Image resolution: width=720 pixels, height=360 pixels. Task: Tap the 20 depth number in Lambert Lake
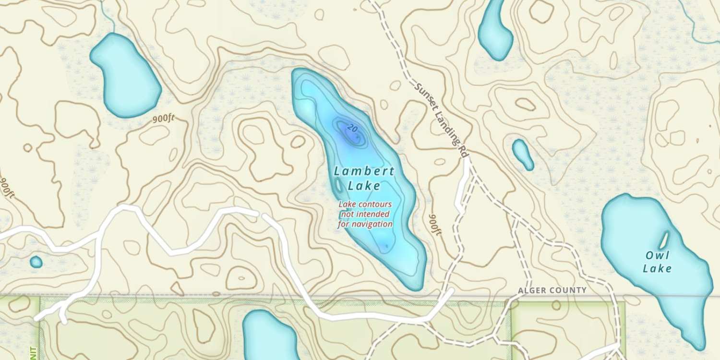352,128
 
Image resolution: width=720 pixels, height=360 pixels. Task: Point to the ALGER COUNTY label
552,290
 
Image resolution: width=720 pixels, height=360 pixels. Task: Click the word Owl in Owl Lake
657,255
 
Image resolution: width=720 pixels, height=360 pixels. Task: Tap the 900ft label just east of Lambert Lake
434,225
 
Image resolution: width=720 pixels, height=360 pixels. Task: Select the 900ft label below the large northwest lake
164,119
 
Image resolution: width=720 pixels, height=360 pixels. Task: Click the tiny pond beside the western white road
36,262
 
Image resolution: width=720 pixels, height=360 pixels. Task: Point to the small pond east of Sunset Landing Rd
523,154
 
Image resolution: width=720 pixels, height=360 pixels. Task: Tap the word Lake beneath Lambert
364,185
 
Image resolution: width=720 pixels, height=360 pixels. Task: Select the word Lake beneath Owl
657,268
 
